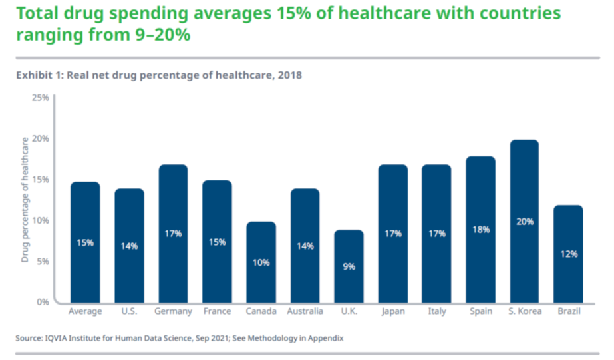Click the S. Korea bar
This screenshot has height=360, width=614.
click(x=524, y=221)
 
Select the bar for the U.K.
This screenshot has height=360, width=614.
click(x=349, y=266)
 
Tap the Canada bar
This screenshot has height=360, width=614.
click(x=261, y=262)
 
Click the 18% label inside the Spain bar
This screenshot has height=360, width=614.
click(x=480, y=230)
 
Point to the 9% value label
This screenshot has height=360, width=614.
click(x=349, y=266)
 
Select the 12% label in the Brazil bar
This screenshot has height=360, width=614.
click(x=568, y=254)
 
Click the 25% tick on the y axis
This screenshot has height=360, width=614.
click(x=40, y=98)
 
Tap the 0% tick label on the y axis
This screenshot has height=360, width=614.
click(x=43, y=302)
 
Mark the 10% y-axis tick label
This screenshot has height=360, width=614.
click(x=40, y=220)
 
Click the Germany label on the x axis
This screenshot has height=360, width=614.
click(x=173, y=311)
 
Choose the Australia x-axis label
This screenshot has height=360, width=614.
click(x=305, y=311)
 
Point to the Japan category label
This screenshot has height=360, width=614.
click(x=392, y=311)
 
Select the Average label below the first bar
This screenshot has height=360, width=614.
click(x=85, y=311)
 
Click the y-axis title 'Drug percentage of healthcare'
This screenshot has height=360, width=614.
click(x=25, y=200)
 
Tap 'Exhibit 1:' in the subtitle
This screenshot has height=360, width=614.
click(x=37, y=75)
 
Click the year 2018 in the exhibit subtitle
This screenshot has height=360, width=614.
click(x=290, y=75)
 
